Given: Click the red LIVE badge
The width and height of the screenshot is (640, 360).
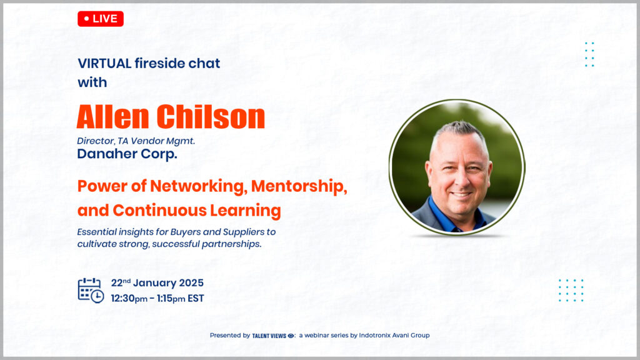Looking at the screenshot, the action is click(x=101, y=19).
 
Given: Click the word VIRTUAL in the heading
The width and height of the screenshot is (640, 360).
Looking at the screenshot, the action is click(x=104, y=63).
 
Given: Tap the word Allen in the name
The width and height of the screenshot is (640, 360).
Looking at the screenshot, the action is click(x=113, y=117).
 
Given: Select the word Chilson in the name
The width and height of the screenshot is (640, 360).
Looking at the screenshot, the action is click(x=211, y=117).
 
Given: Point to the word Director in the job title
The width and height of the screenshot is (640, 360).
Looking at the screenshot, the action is click(x=96, y=141).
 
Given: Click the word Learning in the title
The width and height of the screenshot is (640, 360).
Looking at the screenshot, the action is click(x=245, y=211).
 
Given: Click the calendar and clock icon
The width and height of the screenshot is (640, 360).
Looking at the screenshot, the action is click(x=91, y=291).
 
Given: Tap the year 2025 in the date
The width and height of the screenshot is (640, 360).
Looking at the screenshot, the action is click(x=191, y=283).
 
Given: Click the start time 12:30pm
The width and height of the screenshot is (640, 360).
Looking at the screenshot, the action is click(x=129, y=298).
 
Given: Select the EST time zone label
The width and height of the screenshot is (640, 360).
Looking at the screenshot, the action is click(x=196, y=298).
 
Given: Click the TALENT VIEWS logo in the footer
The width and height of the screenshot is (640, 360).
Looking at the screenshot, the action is click(x=273, y=336).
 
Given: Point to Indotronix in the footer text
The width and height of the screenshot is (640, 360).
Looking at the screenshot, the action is click(x=374, y=335).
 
